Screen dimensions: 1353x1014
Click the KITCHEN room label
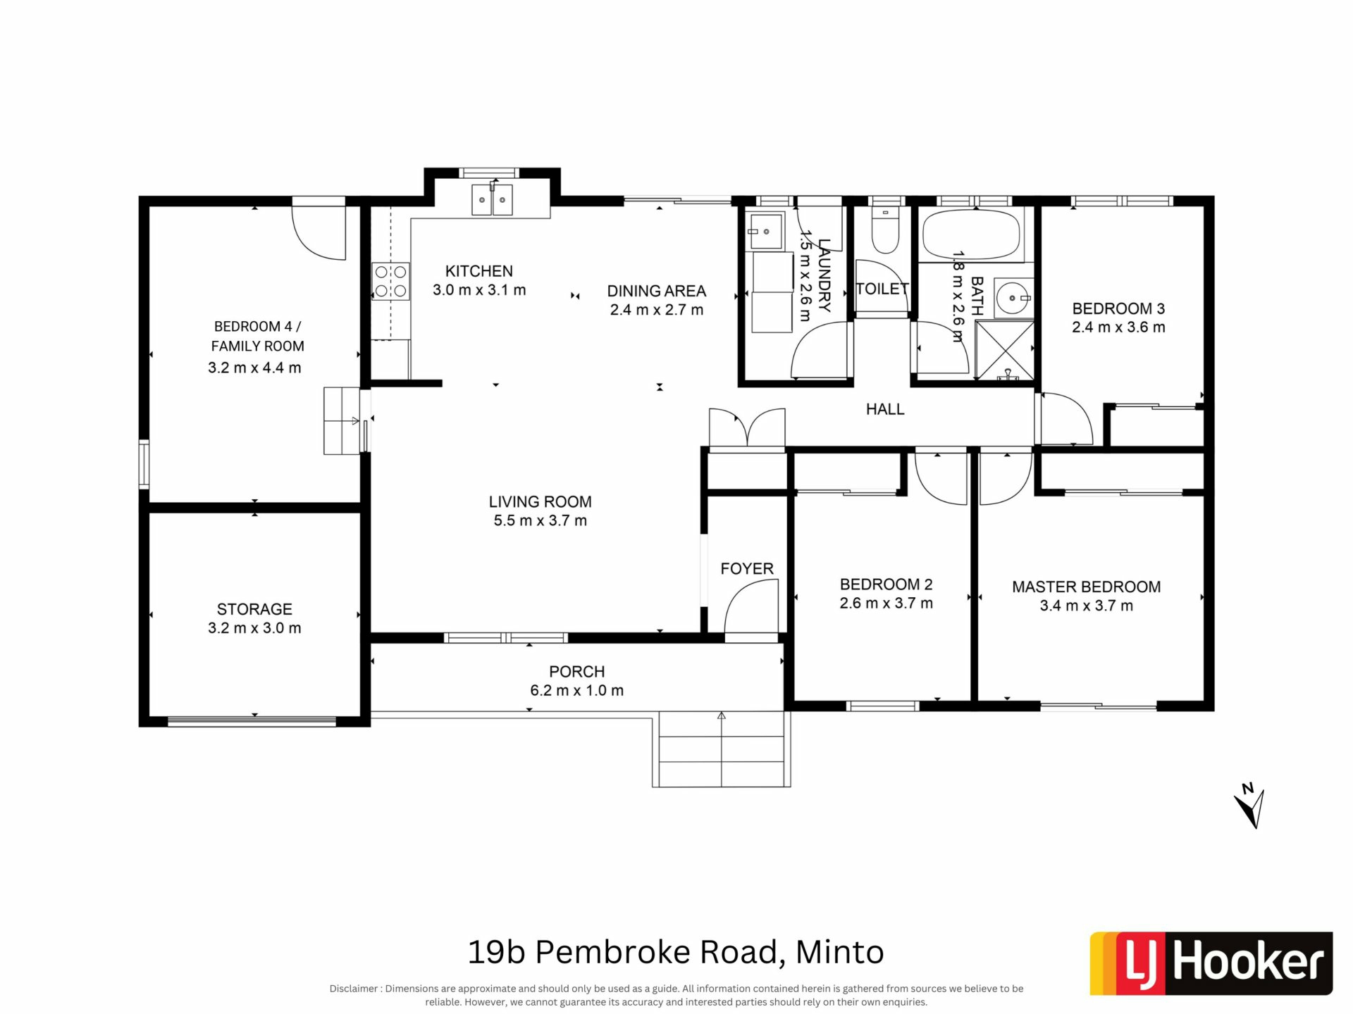pyautogui.click(x=478, y=271)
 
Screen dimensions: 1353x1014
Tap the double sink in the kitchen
pyautogui.click(x=492, y=199)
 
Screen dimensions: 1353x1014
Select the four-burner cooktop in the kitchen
pyautogui.click(x=391, y=281)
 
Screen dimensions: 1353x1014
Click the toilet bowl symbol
pyautogui.click(x=885, y=230)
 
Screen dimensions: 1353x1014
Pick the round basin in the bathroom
pyautogui.click(x=1013, y=298)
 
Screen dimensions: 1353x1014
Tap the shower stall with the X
pyautogui.click(x=1004, y=351)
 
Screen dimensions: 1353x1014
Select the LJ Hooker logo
pyautogui.click(x=1211, y=963)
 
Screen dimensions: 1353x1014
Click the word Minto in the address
pyautogui.click(x=839, y=953)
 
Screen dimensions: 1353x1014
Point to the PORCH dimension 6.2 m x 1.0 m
pyautogui.click(x=576, y=691)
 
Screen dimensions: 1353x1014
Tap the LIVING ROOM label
pyautogui.click(x=540, y=502)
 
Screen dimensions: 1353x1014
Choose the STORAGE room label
pyautogui.click(x=254, y=609)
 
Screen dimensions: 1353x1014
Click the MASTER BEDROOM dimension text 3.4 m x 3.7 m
pyautogui.click(x=1086, y=606)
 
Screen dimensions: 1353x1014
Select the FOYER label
pyautogui.click(x=747, y=569)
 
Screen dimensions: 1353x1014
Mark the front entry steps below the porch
pyautogui.click(x=721, y=749)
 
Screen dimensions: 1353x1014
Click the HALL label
pyautogui.click(x=885, y=409)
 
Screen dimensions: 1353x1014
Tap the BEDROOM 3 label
pyautogui.click(x=1118, y=308)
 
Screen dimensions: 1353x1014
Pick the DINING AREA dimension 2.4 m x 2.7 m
pyautogui.click(x=656, y=310)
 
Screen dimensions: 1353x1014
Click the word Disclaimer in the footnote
pyautogui.click(x=354, y=989)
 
